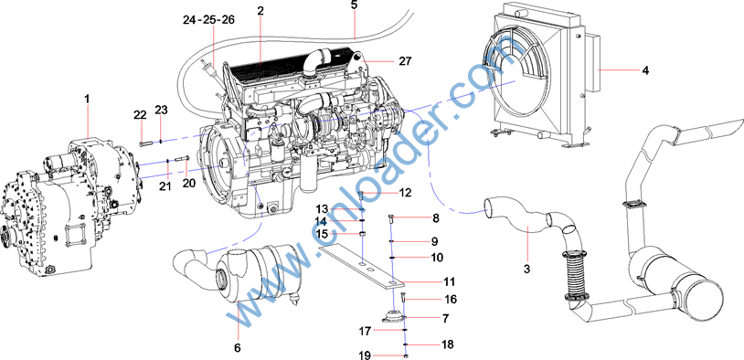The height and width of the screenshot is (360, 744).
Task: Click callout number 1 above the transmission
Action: pos(87,99)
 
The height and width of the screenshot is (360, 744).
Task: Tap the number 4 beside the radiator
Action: pos(645,70)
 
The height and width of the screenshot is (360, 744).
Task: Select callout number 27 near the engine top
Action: pos(406,60)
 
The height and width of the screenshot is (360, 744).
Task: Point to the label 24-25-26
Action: pos(208,19)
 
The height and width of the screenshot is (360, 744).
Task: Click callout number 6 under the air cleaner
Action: pos(238,348)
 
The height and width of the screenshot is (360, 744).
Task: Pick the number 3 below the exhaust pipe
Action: pos(526,270)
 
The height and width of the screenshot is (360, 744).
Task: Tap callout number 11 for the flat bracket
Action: pos(449,281)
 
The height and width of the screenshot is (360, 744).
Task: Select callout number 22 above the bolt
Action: pos(140,114)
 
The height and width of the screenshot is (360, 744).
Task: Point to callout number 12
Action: pos(405,193)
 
